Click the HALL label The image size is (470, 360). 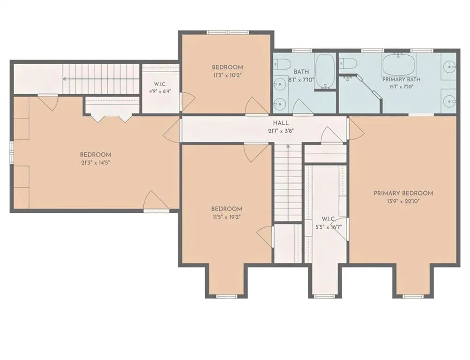[x=281, y=123]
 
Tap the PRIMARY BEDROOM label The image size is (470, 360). [x=403, y=193]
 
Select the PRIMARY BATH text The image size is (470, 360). [x=401, y=79]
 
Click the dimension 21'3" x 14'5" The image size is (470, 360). [x=96, y=163]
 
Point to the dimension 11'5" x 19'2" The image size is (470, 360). [x=226, y=217]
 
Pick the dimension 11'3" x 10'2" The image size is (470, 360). [x=227, y=75]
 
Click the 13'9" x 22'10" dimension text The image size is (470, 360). [x=403, y=202]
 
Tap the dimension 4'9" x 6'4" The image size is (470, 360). [x=160, y=91]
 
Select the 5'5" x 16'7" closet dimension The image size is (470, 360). [x=328, y=227]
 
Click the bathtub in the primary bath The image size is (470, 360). [x=398, y=64]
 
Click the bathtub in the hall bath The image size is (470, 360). [x=325, y=71]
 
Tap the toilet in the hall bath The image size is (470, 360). [x=282, y=64]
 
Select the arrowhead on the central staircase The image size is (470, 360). [x=288, y=147]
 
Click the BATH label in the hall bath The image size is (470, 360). [x=301, y=72]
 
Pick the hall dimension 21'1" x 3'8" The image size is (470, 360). [x=281, y=131]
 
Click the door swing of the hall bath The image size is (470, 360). [x=303, y=107]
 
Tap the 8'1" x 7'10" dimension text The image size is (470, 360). [x=301, y=80]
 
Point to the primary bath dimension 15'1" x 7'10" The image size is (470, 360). [x=401, y=87]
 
